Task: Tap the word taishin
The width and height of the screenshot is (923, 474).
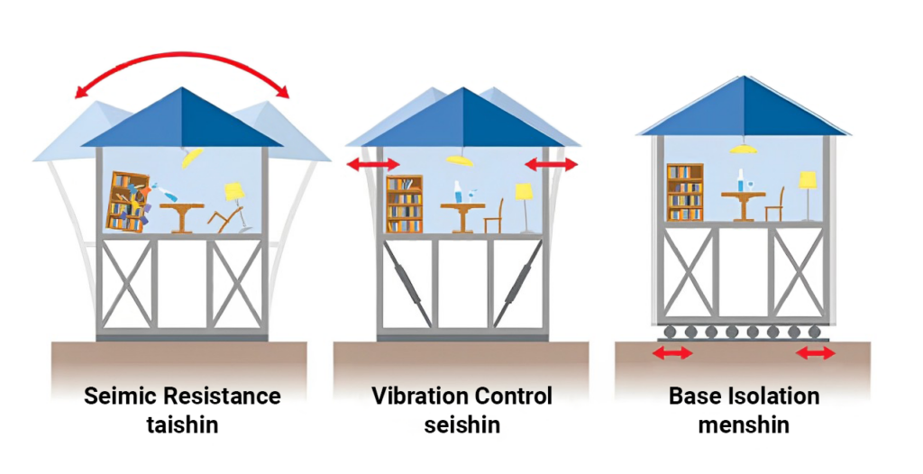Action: tap(182, 424)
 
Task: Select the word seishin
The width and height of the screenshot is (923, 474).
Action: tap(462, 424)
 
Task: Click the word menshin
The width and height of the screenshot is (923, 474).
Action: tap(744, 424)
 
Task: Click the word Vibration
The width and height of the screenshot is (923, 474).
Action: tap(419, 396)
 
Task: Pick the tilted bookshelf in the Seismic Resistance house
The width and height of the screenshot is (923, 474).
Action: tap(127, 201)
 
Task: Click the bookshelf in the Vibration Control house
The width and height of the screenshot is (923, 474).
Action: tap(405, 204)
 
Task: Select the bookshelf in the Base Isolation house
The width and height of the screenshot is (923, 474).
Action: tap(685, 192)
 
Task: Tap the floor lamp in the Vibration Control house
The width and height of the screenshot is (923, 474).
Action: tap(524, 207)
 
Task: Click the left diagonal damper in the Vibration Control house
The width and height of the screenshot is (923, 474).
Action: tap(407, 284)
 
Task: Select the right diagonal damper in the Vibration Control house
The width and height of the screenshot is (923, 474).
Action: tap(517, 284)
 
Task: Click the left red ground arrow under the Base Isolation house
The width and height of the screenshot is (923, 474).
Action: tap(672, 353)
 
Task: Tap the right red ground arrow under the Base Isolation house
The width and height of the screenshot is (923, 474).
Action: tap(815, 353)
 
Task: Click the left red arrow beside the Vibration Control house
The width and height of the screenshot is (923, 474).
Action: tap(373, 164)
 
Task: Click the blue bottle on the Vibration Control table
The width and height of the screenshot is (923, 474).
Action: tap(457, 192)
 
